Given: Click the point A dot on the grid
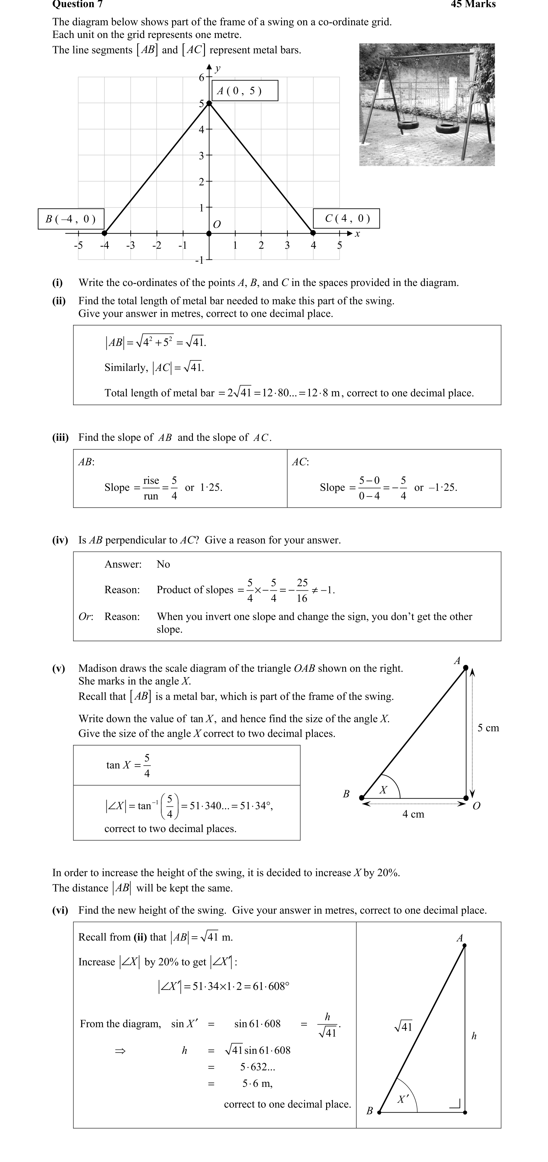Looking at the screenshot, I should (x=209, y=103).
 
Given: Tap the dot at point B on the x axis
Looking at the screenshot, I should (x=105, y=233).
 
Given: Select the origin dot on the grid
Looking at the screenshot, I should (x=209, y=233).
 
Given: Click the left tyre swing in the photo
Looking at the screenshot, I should (x=408, y=124).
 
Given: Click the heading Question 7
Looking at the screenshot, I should (x=77, y=5).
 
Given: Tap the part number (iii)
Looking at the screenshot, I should (x=61, y=438).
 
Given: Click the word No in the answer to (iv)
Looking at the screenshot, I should (x=163, y=564).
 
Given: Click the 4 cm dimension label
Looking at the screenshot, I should (x=413, y=814).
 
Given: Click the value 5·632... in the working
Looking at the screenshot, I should (x=257, y=1067).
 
